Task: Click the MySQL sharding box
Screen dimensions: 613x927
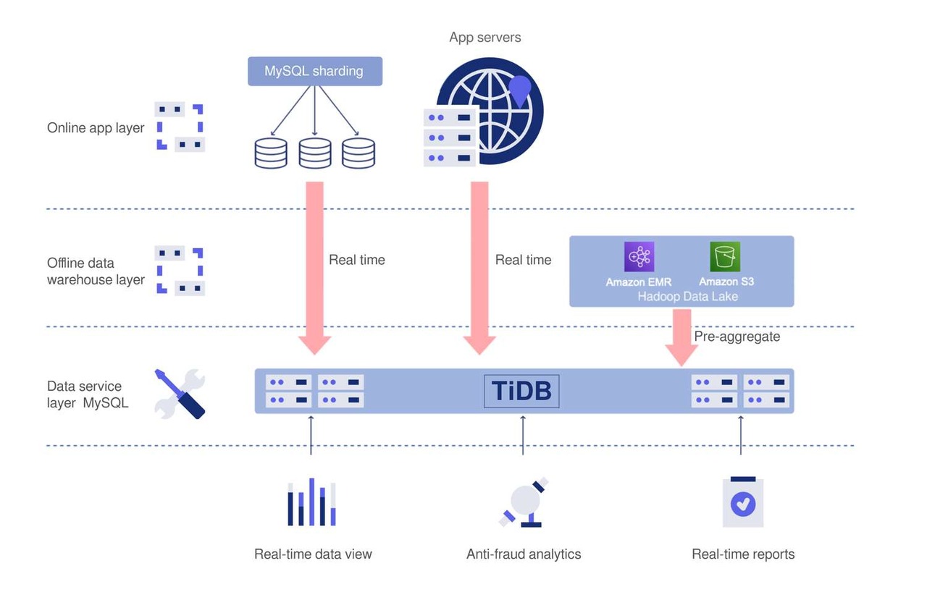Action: pos(314,72)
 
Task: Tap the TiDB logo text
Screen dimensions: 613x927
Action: pos(521,392)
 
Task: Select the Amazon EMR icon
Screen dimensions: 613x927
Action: pos(639,257)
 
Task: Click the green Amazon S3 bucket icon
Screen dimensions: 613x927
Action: pos(725,257)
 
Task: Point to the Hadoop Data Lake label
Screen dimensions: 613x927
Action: pos(687,296)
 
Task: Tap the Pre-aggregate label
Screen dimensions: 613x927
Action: pos(737,337)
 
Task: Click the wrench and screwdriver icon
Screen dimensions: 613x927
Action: pos(180,394)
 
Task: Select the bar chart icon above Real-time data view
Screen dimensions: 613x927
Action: pos(311,502)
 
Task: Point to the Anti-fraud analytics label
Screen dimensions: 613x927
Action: pos(524,554)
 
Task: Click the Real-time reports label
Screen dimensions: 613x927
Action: pos(743,554)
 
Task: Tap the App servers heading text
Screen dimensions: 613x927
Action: pos(485,38)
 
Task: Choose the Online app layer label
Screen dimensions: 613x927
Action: pos(96,128)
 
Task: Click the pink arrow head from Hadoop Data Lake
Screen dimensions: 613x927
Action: pos(681,354)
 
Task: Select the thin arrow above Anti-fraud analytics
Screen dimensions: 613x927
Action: pos(523,435)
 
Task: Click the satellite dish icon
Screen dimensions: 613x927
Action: pos(524,502)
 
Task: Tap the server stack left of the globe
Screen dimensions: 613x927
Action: pos(449,137)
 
